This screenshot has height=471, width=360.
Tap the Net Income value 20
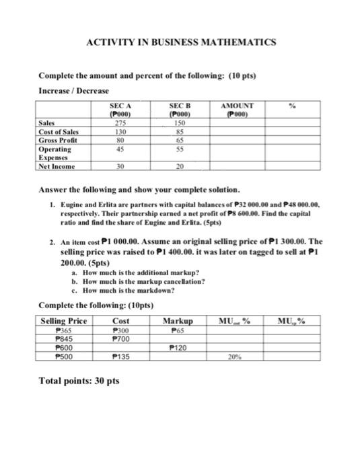[x=179, y=166]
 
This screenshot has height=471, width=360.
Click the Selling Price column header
[x=64, y=321]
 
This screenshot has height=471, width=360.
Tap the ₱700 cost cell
[x=121, y=340]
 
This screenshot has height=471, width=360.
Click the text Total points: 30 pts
[x=79, y=381]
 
